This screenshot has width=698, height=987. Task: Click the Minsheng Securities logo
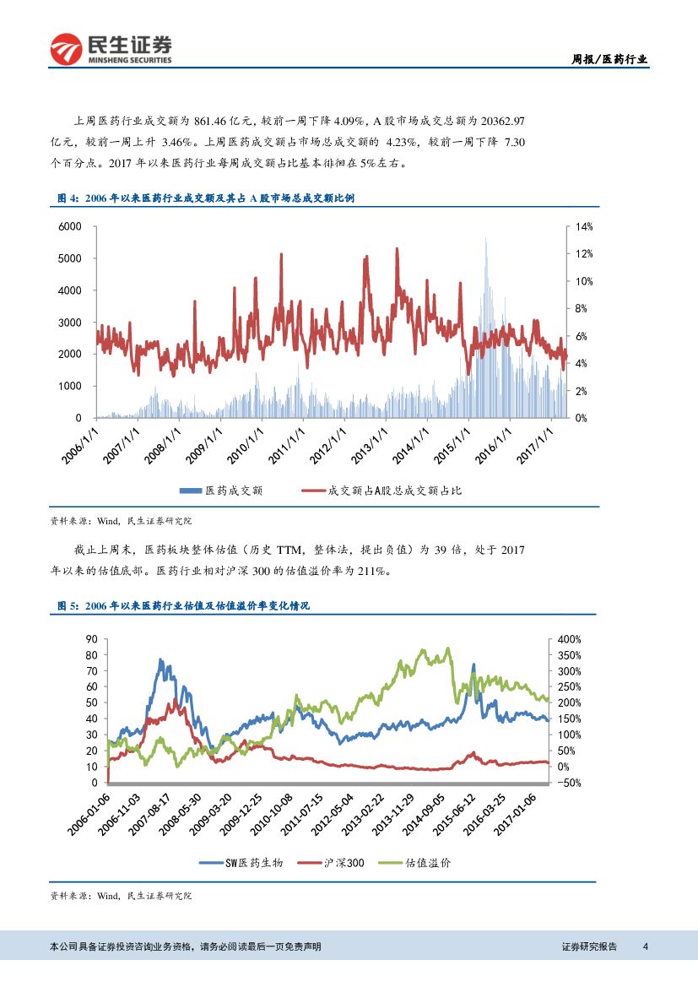pyautogui.click(x=111, y=48)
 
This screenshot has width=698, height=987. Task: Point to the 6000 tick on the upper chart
pyautogui.click(x=70, y=227)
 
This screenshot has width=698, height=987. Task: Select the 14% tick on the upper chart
pyautogui.click(x=585, y=227)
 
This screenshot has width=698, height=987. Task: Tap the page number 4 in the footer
pyautogui.click(x=645, y=946)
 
